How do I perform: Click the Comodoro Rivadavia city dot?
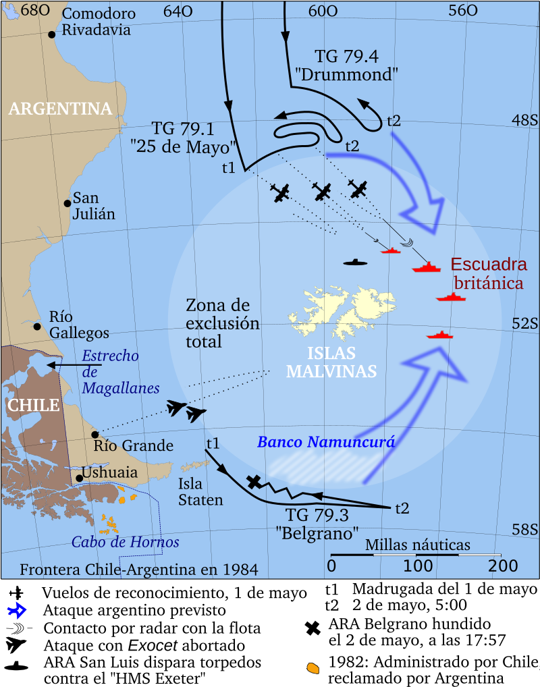click(x=51, y=34)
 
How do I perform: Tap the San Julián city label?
click(x=94, y=206)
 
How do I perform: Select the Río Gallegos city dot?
click(x=37, y=327)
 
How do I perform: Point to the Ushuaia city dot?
click(x=79, y=478)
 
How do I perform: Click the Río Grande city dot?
click(x=95, y=434)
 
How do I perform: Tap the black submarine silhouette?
click(x=356, y=262)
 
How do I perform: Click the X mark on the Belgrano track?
click(x=254, y=481)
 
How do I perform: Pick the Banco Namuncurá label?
click(x=326, y=443)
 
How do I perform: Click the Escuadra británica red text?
click(x=488, y=273)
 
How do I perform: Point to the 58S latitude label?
click(x=524, y=530)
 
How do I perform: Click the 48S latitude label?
click(x=524, y=120)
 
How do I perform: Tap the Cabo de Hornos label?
click(x=126, y=542)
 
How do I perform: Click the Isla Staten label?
click(x=200, y=491)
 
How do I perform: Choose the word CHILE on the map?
click(x=33, y=405)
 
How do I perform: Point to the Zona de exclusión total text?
click(x=222, y=323)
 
